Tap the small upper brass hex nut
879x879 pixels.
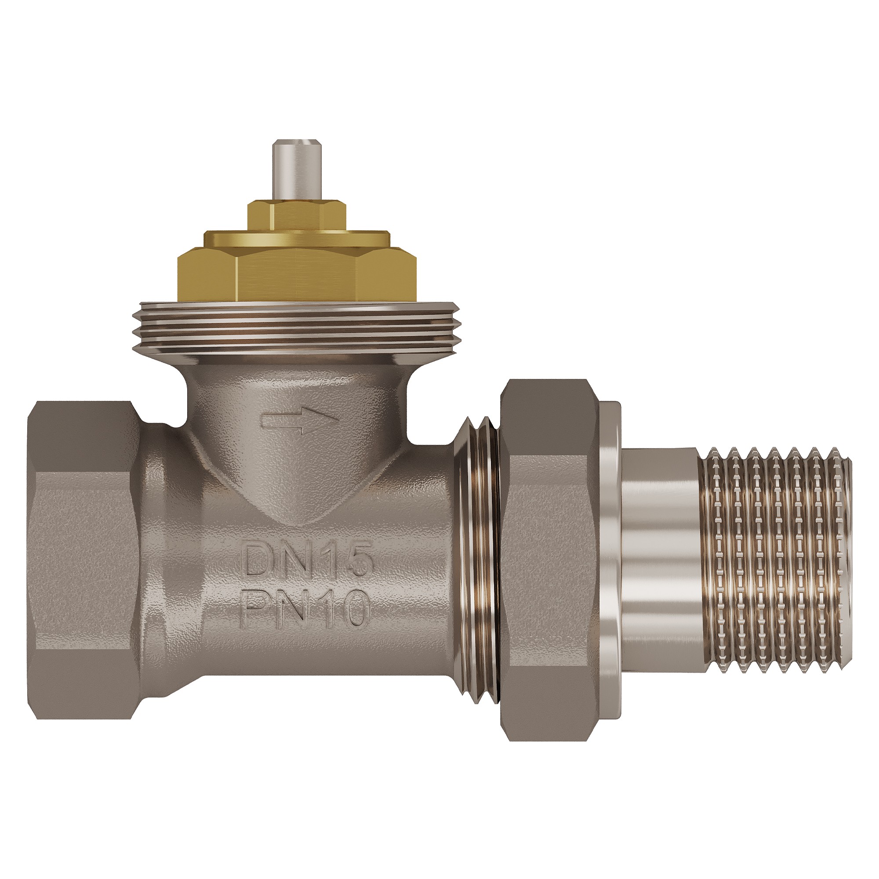(296, 217)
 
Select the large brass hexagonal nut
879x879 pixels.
(296, 272)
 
